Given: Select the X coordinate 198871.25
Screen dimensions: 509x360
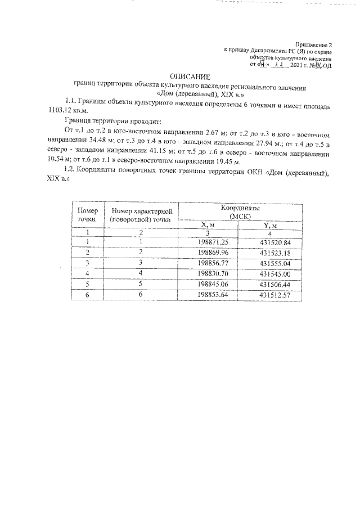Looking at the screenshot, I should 210,242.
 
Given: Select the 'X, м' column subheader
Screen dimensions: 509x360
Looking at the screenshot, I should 209,225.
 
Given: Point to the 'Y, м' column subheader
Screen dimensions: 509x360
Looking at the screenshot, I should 269,226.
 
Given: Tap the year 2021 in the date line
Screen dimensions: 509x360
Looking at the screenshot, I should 296,65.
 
